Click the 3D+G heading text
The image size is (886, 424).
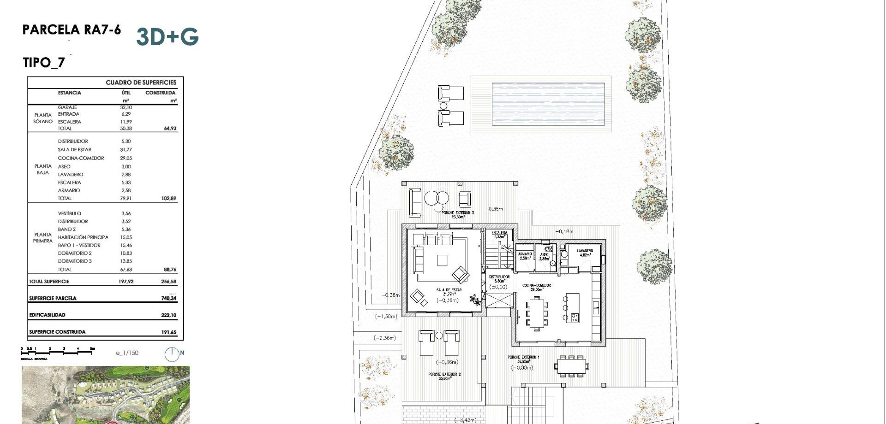click(168, 36)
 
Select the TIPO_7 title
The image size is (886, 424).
click(44, 62)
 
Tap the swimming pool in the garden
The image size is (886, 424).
click(548, 104)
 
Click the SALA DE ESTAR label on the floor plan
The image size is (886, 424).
click(449, 290)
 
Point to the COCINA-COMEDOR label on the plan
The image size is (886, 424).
click(536, 286)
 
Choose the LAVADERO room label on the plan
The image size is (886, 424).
click(585, 251)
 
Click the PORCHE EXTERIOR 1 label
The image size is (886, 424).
click(523, 357)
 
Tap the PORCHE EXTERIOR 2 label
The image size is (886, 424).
click(444, 374)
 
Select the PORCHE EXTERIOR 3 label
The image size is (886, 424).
click(457, 213)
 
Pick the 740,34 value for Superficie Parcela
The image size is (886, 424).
click(168, 299)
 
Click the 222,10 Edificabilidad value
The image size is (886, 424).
click(168, 315)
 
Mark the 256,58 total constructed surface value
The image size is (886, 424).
click(168, 282)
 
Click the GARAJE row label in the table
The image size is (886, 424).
click(67, 107)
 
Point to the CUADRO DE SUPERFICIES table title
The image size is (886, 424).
click(141, 82)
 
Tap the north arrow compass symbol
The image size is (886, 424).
click(172, 354)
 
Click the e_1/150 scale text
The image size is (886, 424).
click(127, 353)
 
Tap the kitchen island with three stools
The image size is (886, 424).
click(573, 307)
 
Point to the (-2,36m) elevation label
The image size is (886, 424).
click(385, 338)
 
